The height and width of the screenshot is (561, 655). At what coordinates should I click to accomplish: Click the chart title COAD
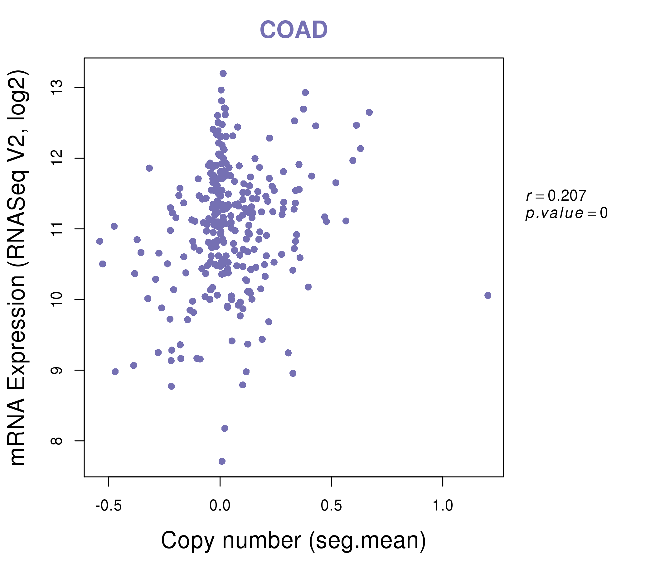coord(294,30)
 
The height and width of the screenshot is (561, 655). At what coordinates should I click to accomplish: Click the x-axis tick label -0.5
coord(109,506)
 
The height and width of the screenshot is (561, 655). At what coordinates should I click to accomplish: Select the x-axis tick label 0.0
coord(220,506)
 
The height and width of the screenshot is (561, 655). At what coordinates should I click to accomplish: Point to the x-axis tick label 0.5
coord(331,506)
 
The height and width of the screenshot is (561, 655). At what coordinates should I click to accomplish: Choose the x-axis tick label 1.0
coord(443,506)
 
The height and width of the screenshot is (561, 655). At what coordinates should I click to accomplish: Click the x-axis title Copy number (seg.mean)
coord(294,540)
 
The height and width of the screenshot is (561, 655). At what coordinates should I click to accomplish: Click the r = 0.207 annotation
coord(556,196)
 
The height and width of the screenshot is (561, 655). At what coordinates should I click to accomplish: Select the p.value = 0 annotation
coord(566,213)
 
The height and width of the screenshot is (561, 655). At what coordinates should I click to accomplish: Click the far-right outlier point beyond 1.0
coord(488,295)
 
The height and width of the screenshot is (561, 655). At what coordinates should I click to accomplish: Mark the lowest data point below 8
coord(222,461)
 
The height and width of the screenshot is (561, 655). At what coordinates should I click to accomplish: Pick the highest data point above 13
coord(223,74)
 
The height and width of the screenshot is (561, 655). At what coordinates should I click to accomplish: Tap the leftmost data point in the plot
coord(99,241)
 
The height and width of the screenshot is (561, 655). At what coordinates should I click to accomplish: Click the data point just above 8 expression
coord(225,428)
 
